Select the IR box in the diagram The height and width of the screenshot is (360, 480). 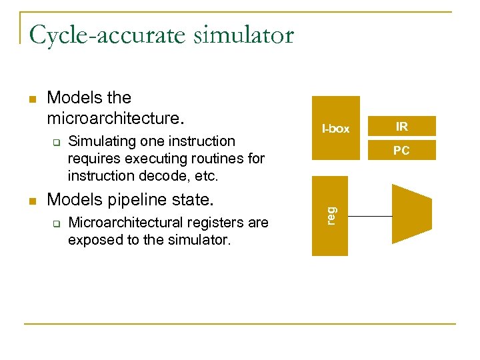tap(401, 126)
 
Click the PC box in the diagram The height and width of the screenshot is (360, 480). tap(401, 151)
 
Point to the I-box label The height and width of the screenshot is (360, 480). tap(335, 129)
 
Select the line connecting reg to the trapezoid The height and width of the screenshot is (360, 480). tap(369, 216)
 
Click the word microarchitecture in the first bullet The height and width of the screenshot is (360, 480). tap(113, 119)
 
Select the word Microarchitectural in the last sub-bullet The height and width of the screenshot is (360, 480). tap(125, 223)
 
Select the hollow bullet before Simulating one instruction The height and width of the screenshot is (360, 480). tap(57, 142)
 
